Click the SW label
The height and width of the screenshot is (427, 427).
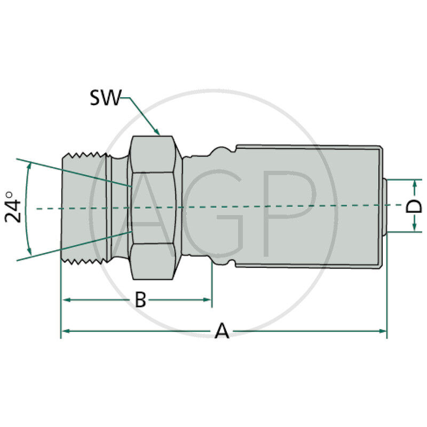point(105,99)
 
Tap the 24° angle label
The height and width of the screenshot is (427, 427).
point(14,207)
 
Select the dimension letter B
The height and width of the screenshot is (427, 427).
point(140,300)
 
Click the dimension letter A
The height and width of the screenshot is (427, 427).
point(222,331)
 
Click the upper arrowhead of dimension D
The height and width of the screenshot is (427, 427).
point(414,183)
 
